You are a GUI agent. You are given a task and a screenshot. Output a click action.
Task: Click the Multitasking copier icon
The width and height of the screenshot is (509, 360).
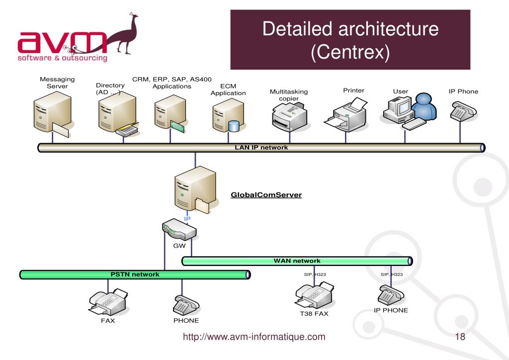[x=289, y=118]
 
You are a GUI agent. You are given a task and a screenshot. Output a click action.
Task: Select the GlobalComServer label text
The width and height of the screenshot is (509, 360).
[x=266, y=195]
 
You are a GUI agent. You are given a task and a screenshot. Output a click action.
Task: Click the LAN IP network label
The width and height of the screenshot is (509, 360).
[x=261, y=148]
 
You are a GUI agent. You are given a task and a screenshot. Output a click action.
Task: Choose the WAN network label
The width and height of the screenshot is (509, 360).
[x=297, y=261]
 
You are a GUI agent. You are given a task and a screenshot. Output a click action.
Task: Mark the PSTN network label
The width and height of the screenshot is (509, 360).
[x=135, y=274]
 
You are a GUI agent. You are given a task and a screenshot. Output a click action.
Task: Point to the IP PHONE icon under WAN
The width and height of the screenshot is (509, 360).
[x=391, y=294]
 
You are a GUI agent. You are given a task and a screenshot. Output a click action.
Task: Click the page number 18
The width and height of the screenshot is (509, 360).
[x=460, y=337]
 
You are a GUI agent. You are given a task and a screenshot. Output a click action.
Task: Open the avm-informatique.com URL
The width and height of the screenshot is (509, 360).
[x=254, y=337]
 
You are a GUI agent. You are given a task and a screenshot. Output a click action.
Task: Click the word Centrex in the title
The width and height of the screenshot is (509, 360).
[x=350, y=51]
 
